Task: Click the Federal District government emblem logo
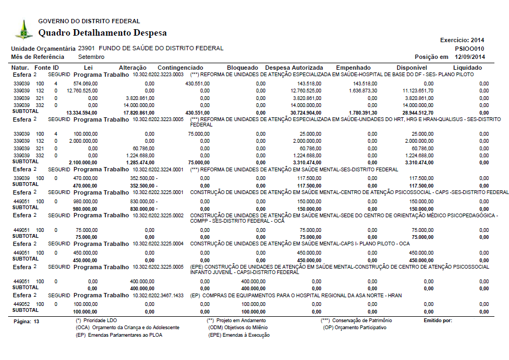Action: [23, 29]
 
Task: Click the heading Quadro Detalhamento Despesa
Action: [102, 33]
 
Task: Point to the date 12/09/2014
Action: [470, 57]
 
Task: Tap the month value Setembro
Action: [91, 57]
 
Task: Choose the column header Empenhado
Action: [353, 68]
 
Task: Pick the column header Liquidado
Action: [467, 68]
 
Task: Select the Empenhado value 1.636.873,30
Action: [361, 91]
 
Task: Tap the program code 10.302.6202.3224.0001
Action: [159, 169]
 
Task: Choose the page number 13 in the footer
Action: [37, 321]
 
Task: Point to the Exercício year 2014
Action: [478, 40]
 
